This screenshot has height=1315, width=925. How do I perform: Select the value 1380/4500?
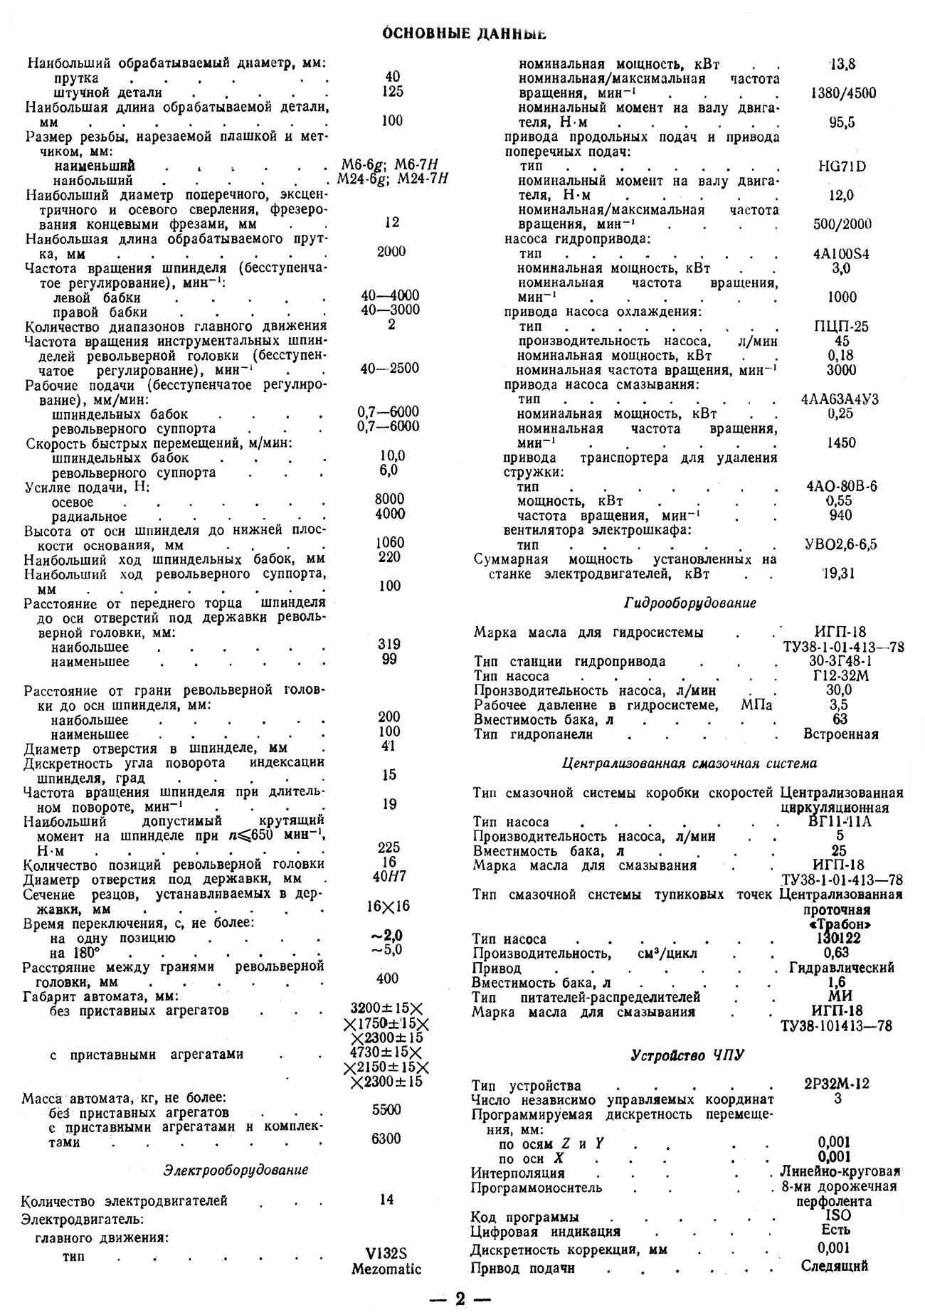pyautogui.click(x=842, y=93)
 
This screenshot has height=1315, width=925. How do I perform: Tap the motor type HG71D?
pyautogui.click(x=842, y=167)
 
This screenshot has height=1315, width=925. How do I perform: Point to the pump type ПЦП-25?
pyautogui.click(x=842, y=327)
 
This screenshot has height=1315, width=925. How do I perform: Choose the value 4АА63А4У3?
pyautogui.click(x=839, y=399)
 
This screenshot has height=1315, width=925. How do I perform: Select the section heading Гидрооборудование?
pyautogui.click(x=689, y=603)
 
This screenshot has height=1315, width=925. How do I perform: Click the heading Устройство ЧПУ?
pyautogui.click(x=687, y=1056)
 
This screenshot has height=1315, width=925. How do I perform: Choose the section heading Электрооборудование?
pyautogui.click(x=236, y=1170)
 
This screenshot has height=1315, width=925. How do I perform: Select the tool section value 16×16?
pyautogui.click(x=388, y=907)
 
